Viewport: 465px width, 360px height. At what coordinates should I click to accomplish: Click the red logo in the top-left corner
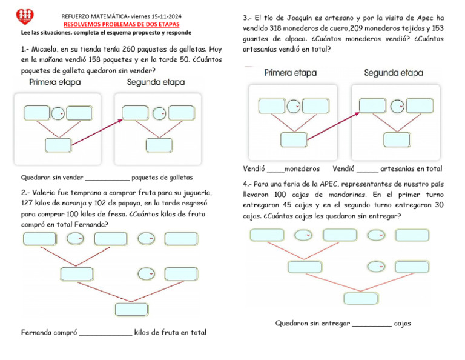(x=25, y=16)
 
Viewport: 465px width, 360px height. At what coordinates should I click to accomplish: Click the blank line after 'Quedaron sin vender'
(x=107, y=178)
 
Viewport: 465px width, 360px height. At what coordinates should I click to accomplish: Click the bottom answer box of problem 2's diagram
(x=131, y=309)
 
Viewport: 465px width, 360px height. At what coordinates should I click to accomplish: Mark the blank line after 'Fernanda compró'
(x=105, y=333)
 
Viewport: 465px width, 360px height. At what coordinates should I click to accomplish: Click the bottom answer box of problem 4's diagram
(x=360, y=298)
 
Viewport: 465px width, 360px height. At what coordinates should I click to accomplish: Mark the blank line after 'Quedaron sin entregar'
(x=371, y=324)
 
